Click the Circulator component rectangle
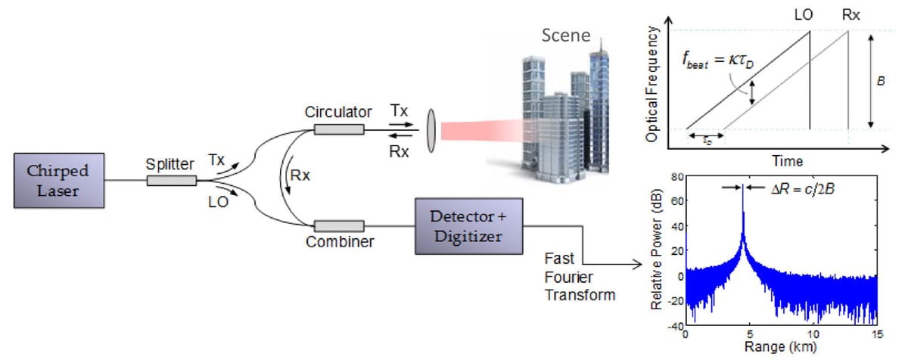coord(339,130)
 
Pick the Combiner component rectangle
coord(339,225)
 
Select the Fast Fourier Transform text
coord(580,277)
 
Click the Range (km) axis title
coord(781,349)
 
